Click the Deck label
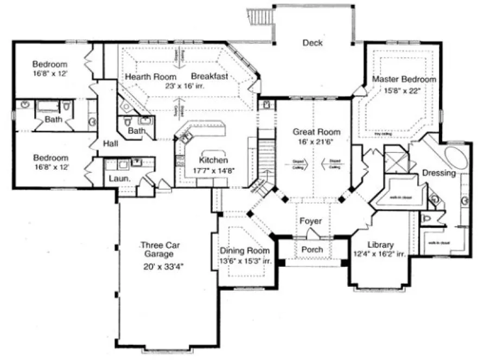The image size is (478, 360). tap(313, 43)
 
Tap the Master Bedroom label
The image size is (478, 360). tap(404, 79)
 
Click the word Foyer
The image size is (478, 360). tap(310, 221)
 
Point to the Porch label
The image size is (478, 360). tap(311, 249)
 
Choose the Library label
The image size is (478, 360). tap(380, 245)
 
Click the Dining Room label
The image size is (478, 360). tap(244, 251)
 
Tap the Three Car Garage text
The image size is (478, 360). tap(157, 249)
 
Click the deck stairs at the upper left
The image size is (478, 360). tap(260, 16)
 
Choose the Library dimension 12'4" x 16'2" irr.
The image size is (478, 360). tap(380, 254)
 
